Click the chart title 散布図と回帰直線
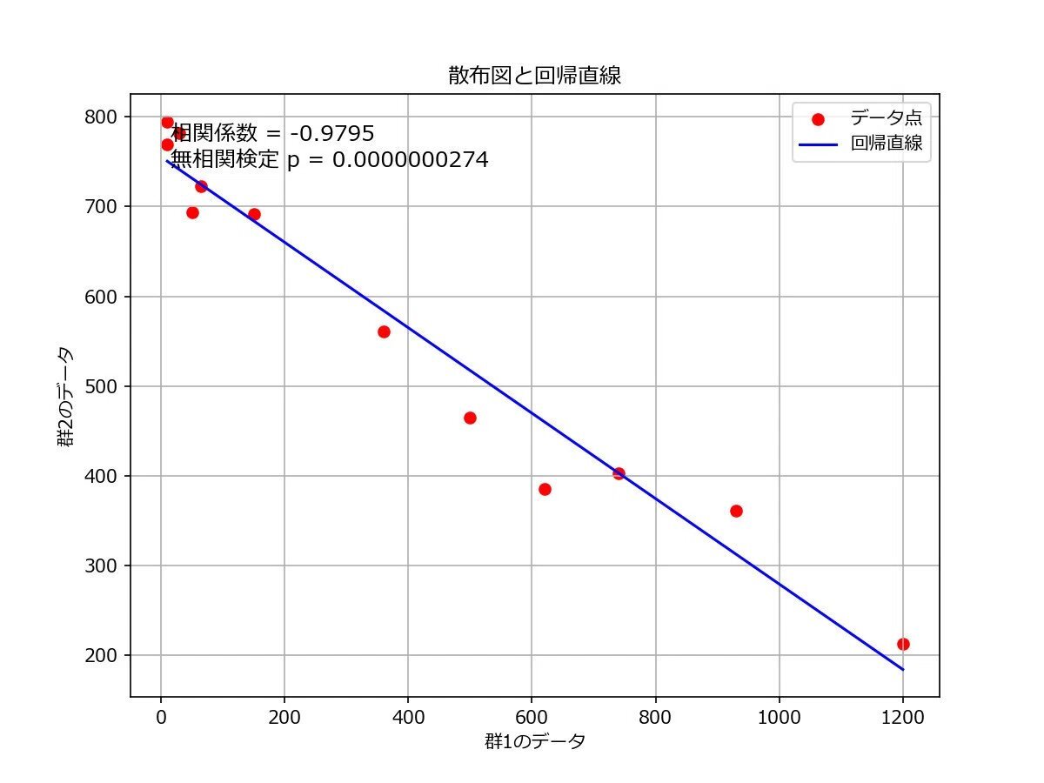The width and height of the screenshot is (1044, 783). (x=534, y=76)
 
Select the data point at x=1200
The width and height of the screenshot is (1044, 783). (x=903, y=644)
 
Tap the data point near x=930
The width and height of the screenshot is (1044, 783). (x=736, y=511)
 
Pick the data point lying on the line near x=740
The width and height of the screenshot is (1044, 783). (x=619, y=473)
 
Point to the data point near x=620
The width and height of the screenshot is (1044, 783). (x=545, y=489)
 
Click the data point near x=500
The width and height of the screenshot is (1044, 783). (x=470, y=418)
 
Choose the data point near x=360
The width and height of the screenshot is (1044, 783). (x=384, y=331)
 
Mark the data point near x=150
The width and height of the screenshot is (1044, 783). (x=254, y=214)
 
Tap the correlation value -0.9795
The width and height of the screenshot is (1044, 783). (x=332, y=133)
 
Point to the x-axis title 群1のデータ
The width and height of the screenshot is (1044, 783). (x=534, y=742)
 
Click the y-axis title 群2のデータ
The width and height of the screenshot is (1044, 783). (x=65, y=396)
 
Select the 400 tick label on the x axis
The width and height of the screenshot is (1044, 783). (x=408, y=718)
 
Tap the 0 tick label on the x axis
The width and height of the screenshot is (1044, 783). (x=161, y=718)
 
